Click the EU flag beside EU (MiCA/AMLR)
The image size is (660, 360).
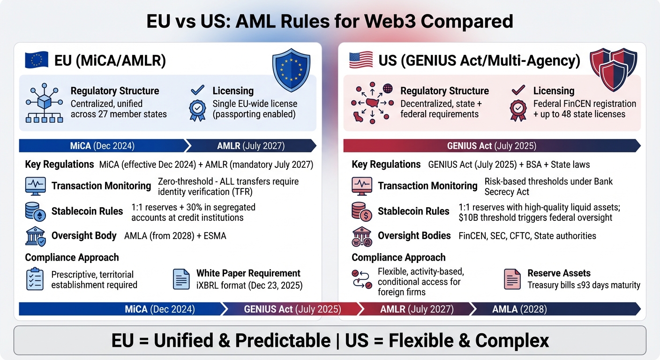pos(37,60)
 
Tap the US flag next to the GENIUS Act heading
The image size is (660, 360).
pos(361,60)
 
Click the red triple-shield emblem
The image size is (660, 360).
pos(613,68)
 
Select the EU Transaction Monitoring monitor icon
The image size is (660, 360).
pos(35,186)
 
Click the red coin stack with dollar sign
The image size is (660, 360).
pos(361,211)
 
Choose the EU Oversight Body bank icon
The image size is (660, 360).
pos(35,236)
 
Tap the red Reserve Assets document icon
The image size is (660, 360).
pos(511,279)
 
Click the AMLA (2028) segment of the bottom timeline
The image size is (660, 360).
pos(519,309)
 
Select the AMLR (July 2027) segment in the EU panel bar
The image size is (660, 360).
pos(250,146)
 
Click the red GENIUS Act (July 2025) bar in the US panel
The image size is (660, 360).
pos(491,146)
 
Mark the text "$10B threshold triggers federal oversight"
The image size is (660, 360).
pos(535,217)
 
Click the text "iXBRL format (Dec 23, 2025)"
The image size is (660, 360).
pos(249,285)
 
